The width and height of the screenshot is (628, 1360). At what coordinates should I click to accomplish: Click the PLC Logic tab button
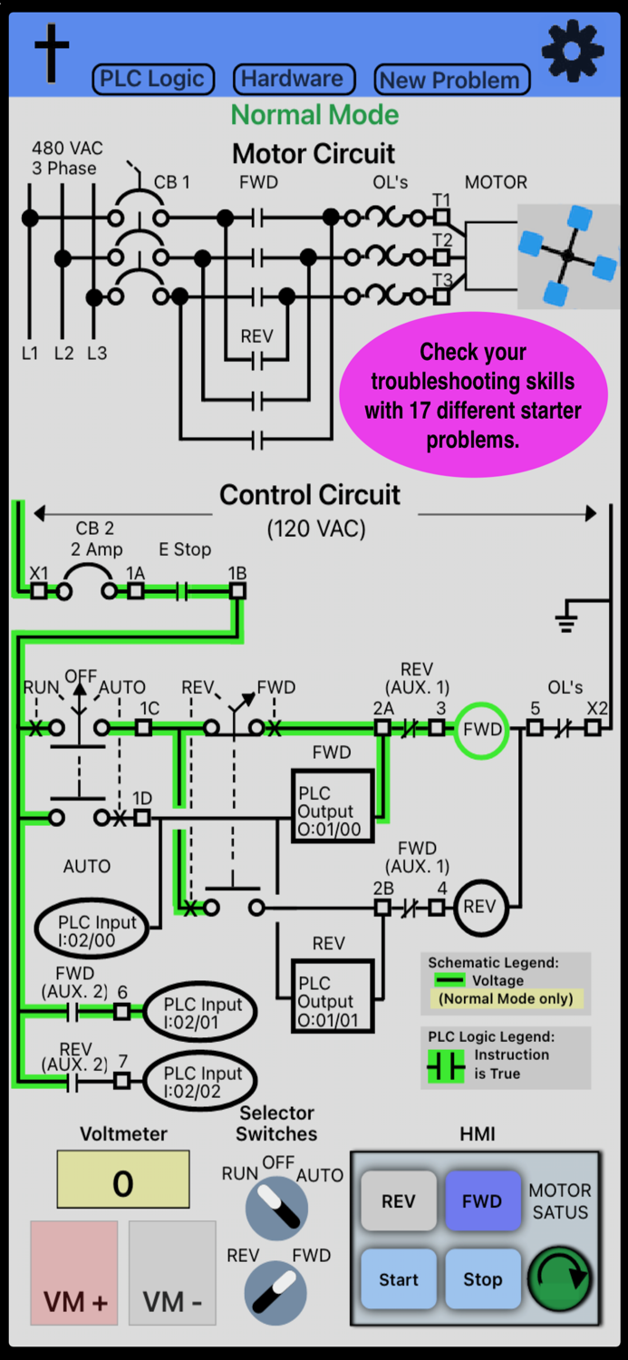tap(152, 79)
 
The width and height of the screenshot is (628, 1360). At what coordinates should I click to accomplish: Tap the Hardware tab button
tap(293, 79)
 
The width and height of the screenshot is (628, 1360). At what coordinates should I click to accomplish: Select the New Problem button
tap(450, 80)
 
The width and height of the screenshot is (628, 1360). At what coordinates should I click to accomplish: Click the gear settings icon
tap(572, 51)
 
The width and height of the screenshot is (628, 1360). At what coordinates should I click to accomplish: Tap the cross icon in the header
tap(52, 53)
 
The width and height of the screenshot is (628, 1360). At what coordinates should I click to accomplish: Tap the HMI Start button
tap(399, 1279)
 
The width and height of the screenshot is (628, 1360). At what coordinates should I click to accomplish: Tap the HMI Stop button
tap(482, 1279)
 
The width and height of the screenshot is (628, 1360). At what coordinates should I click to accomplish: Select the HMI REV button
tap(399, 1201)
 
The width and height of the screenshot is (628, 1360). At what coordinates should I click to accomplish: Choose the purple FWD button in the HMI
tap(482, 1201)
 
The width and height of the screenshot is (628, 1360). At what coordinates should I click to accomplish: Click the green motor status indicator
tap(559, 1278)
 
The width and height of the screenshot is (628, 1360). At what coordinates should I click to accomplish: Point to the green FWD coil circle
tap(481, 729)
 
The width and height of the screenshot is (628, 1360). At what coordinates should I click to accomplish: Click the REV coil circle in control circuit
tap(480, 907)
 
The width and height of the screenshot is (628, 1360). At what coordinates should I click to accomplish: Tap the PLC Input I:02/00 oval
tap(92, 931)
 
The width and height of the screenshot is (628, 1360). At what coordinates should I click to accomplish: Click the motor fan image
tap(567, 257)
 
